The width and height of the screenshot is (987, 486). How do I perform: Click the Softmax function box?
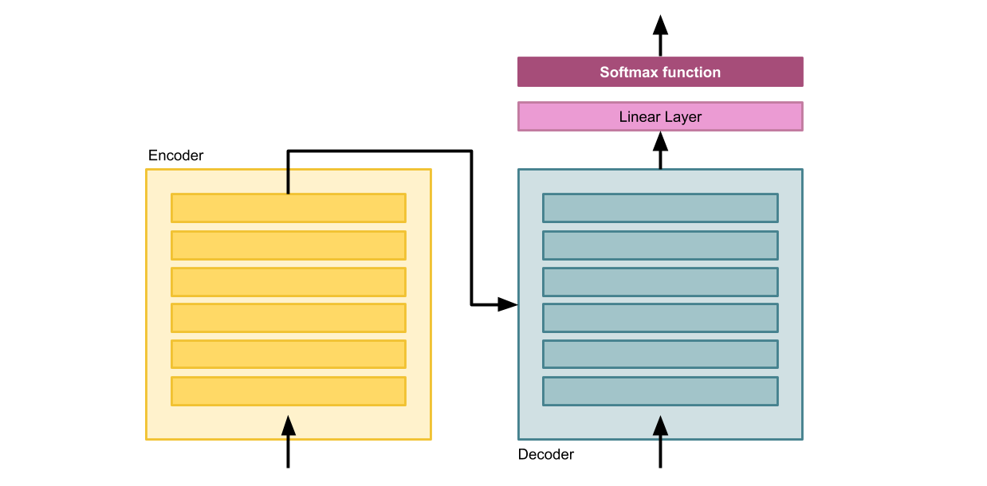(660, 72)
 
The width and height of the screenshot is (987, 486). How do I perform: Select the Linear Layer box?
(660, 116)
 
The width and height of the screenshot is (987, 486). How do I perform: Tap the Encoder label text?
(175, 155)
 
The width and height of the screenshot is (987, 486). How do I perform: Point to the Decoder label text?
(545, 454)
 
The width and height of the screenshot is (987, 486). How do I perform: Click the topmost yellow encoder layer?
(288, 208)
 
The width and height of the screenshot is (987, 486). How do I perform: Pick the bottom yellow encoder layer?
(288, 391)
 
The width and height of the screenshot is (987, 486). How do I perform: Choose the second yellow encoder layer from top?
(288, 245)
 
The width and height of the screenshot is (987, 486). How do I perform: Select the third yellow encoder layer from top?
(288, 282)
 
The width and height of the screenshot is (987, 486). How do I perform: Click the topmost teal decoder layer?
(660, 208)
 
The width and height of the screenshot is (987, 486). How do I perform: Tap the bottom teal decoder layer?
(660, 391)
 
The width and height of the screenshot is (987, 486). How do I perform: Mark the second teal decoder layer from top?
(660, 245)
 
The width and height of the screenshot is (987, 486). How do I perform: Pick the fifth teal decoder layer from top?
(660, 354)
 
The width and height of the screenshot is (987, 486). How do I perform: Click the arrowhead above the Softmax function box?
(660, 25)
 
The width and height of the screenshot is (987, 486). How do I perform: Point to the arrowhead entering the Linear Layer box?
(660, 142)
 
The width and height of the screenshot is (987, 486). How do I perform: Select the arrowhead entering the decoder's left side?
(508, 304)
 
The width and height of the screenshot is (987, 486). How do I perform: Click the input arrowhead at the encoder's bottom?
(288, 425)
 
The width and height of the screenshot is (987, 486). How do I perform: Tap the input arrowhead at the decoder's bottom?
(660, 425)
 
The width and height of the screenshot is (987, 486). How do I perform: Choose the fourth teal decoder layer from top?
(660, 317)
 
